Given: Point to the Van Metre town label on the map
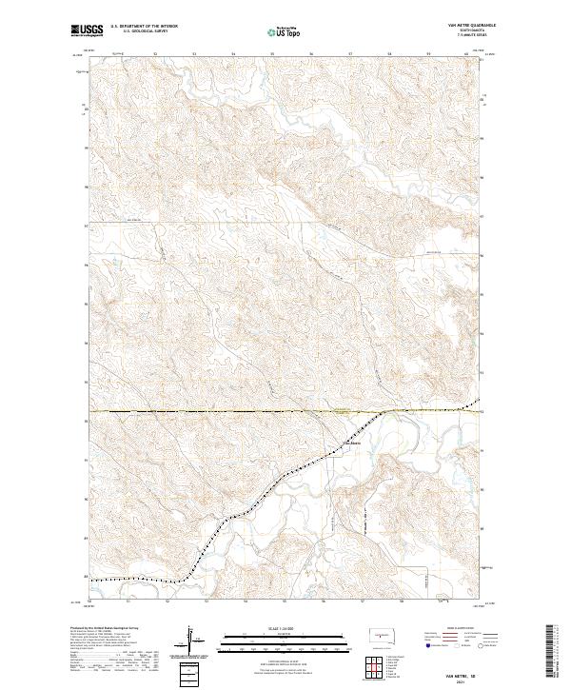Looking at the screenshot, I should point(352,444).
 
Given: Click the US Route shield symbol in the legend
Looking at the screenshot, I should point(449,644).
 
